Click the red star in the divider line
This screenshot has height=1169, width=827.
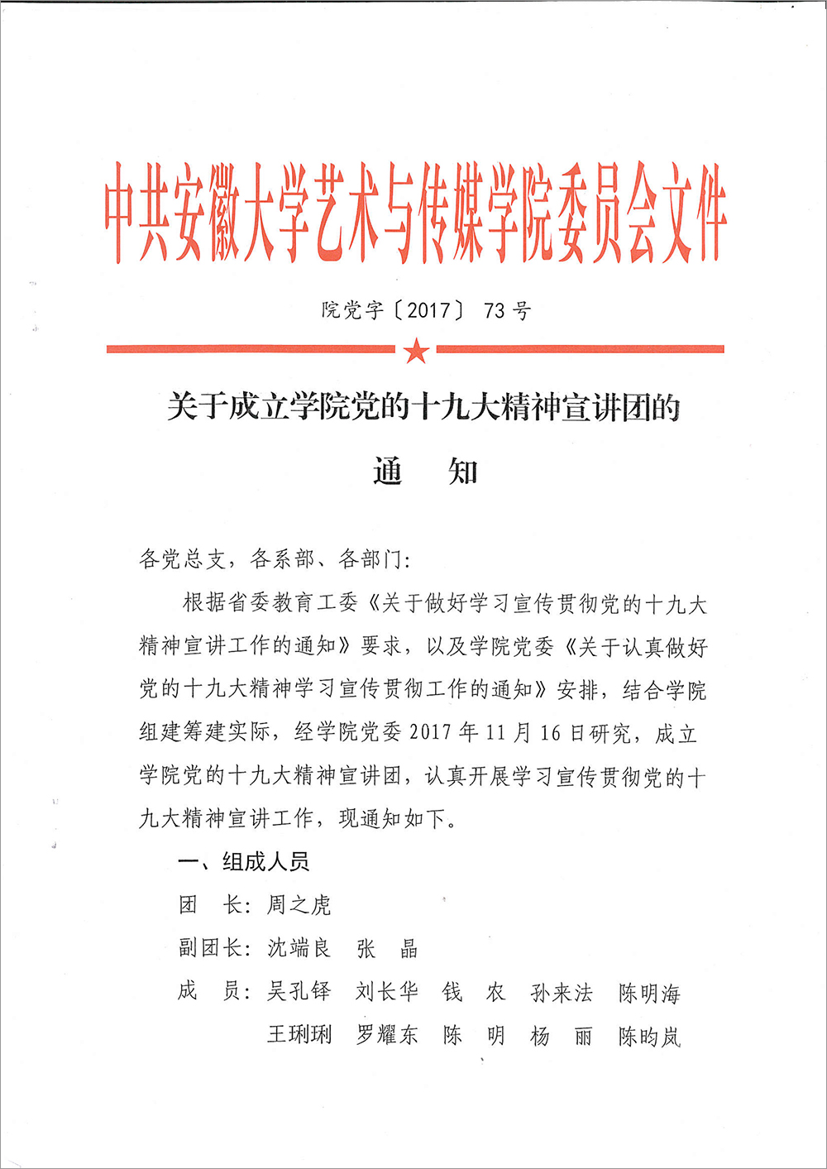pyautogui.click(x=416, y=351)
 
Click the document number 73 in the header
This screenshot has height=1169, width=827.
pyautogui.click(x=494, y=311)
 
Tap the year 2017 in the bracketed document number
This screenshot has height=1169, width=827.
pyautogui.click(x=428, y=311)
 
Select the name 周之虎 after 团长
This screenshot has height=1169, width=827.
pyautogui.click(x=299, y=905)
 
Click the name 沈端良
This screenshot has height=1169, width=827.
pyautogui.click(x=299, y=948)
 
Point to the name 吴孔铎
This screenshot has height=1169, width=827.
pyautogui.click(x=299, y=991)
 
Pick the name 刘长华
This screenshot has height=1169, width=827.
pyautogui.click(x=387, y=991)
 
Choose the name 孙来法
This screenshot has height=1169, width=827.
pyautogui.click(x=562, y=992)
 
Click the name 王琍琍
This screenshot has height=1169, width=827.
pyautogui.click(x=299, y=1034)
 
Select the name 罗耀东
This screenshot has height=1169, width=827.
pyautogui.click(x=387, y=1034)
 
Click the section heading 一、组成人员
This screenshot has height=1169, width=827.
pyautogui.click(x=244, y=862)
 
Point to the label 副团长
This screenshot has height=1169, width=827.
pyautogui.click(x=210, y=948)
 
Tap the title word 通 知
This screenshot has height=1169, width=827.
pyautogui.click(x=425, y=472)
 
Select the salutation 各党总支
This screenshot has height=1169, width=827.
pyautogui.click(x=182, y=560)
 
